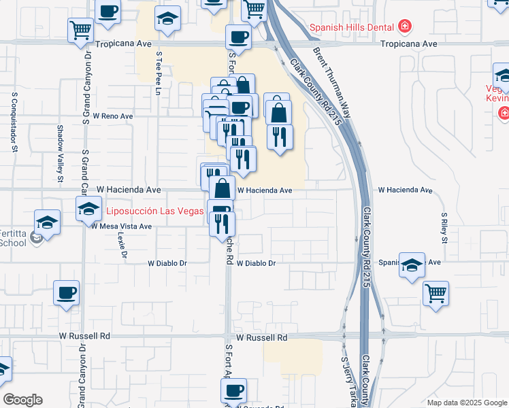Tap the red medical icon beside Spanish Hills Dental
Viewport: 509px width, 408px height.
coord(405,27)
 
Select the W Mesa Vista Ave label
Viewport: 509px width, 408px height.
coord(122,226)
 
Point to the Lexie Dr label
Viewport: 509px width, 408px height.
coord(122,245)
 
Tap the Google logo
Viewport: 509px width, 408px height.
coord(22,400)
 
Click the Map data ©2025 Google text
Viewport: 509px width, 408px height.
coord(466,403)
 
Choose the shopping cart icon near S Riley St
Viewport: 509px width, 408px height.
coord(436,294)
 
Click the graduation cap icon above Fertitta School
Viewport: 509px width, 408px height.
coord(48,221)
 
